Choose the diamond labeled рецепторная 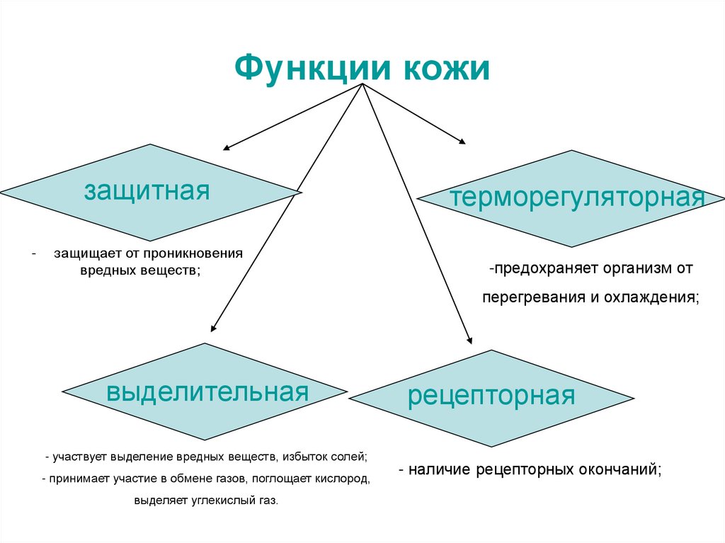pyautogui.click(x=491, y=396)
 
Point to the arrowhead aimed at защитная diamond pyautogui.click(x=227, y=149)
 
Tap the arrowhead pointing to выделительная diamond pyautogui.click(x=213, y=328)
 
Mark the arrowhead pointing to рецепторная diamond pyautogui.click(x=469, y=340)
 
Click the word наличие pyautogui.click(x=440, y=469)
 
